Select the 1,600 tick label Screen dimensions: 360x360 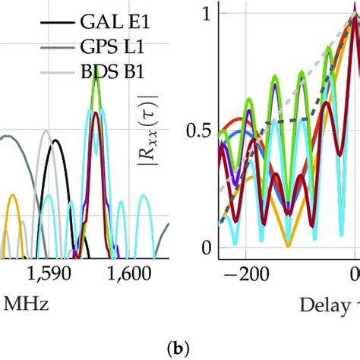[129, 273]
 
